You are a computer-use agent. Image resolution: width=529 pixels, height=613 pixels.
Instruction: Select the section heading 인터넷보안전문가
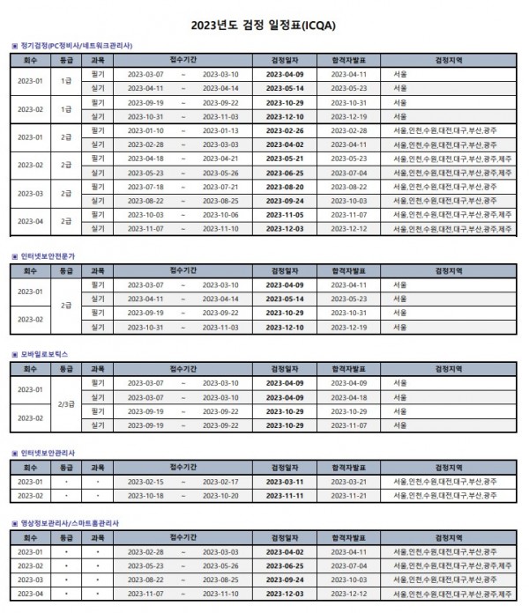pos(48,255)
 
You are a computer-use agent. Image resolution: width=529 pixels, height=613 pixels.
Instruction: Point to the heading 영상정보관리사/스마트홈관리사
pos(70,522)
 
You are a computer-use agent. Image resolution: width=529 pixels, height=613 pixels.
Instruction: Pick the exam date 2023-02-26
pos(285,130)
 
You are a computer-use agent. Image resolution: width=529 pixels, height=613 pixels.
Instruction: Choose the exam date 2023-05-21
pos(285,159)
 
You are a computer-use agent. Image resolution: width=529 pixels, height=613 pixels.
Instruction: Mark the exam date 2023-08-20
pos(285,187)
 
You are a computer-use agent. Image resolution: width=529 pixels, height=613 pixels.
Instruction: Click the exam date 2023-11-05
pos(285,215)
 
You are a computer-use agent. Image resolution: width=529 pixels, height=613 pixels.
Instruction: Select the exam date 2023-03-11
pos(285,482)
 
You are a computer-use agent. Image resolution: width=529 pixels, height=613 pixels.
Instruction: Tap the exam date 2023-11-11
pos(285,496)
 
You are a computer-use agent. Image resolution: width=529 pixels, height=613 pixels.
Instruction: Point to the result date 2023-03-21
pos(348,482)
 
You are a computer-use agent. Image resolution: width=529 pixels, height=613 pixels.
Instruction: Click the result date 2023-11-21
pos(348,496)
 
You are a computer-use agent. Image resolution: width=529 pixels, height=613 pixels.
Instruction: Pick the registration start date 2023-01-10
pos(145,130)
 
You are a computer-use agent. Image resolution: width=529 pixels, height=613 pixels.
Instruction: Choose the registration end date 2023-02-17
pos(220,482)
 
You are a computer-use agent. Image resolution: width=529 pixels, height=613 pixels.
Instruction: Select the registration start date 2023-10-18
pos(145,496)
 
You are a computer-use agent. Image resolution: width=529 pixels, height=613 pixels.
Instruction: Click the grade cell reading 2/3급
pos(66,404)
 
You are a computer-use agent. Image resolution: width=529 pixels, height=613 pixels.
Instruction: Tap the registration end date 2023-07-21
pos(220,187)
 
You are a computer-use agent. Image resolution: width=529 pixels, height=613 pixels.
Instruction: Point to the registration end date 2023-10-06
pos(220,215)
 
